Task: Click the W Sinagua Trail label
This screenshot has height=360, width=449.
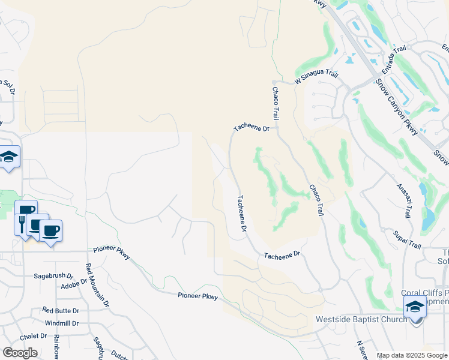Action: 316,77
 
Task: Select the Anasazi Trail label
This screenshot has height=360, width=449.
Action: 404,200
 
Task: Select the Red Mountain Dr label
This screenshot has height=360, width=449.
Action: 97,286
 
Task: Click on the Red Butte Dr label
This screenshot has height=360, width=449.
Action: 61,310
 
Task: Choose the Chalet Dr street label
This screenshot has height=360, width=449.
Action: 32,336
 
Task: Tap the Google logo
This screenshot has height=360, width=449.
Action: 20,353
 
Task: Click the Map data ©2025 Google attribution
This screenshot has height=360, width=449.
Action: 412,356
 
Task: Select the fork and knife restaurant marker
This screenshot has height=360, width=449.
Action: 22,223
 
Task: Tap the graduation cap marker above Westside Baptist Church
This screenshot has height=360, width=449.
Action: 414,307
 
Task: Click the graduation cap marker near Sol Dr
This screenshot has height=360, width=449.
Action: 9,157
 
